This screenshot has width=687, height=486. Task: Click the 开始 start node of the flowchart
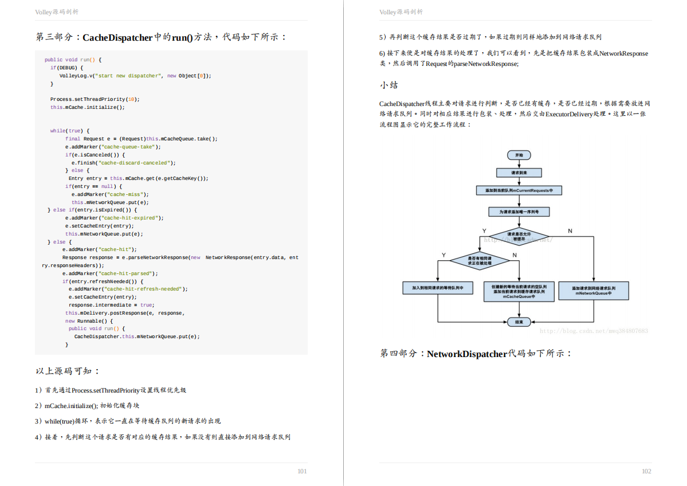click(519, 155)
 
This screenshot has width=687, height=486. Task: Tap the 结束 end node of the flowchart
click(519, 322)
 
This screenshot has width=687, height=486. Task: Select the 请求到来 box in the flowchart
click(519, 173)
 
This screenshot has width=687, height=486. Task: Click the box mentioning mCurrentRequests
click(519, 190)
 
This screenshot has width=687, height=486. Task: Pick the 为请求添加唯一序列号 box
click(519, 212)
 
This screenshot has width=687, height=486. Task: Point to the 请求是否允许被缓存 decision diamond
click(519, 236)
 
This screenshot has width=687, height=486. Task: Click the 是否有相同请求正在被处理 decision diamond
click(479, 261)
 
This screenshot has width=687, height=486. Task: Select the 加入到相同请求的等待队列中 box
click(438, 288)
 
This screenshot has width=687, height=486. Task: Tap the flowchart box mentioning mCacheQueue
click(519, 291)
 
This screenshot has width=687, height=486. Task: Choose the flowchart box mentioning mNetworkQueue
click(594, 290)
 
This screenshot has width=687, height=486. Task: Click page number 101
click(302, 471)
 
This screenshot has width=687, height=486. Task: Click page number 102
click(646, 471)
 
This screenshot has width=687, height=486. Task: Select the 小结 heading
click(388, 85)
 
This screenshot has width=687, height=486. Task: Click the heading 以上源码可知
click(68, 371)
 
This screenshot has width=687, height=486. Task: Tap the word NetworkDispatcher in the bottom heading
click(467, 354)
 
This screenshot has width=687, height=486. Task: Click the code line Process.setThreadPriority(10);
click(95, 99)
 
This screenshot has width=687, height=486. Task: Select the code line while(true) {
click(69, 131)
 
